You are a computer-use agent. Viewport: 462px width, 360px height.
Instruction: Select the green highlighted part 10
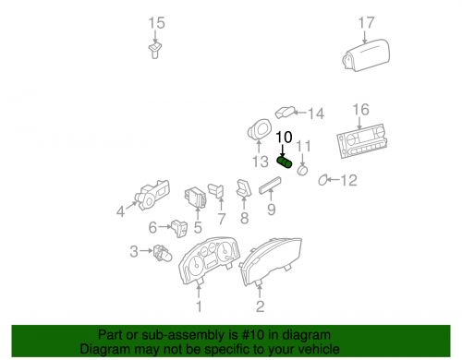click(x=286, y=163)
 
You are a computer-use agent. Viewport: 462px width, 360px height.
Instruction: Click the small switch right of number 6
click(x=177, y=226)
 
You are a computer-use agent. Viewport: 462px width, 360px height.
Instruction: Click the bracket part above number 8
click(x=244, y=190)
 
